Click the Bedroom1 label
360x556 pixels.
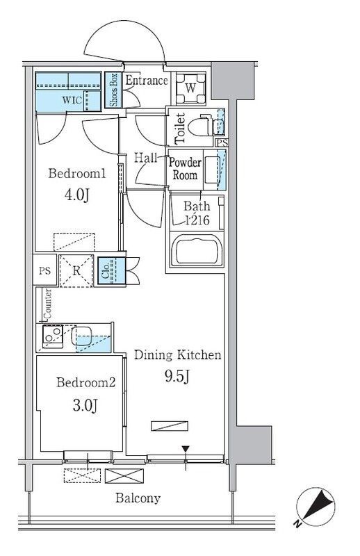[x=77, y=173]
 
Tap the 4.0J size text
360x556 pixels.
[x=76, y=195]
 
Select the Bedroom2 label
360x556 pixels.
[x=86, y=382]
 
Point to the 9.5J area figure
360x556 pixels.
[x=177, y=376]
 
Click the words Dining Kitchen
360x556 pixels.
[x=177, y=354]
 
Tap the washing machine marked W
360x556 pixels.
[x=190, y=88]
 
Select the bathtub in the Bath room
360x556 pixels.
[x=196, y=250]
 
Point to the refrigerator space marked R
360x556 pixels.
[x=76, y=271]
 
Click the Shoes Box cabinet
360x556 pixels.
[x=113, y=90]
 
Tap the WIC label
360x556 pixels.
[x=72, y=100]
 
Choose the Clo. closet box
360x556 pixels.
[x=111, y=270]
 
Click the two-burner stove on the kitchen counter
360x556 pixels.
[x=53, y=335]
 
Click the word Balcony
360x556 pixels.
[x=138, y=498]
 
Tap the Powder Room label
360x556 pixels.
[x=185, y=169]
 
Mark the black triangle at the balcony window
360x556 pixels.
[x=186, y=449]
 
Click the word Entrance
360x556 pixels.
[x=147, y=81]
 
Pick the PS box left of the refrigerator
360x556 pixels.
[x=44, y=271]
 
